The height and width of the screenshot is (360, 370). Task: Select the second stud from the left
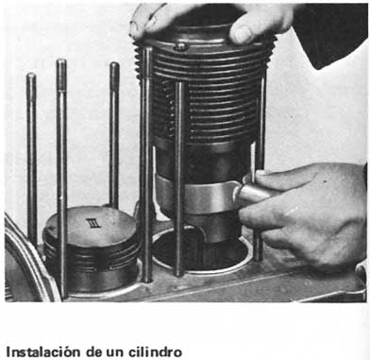tap(61, 142)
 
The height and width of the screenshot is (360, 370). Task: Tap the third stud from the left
tap(114, 132)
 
